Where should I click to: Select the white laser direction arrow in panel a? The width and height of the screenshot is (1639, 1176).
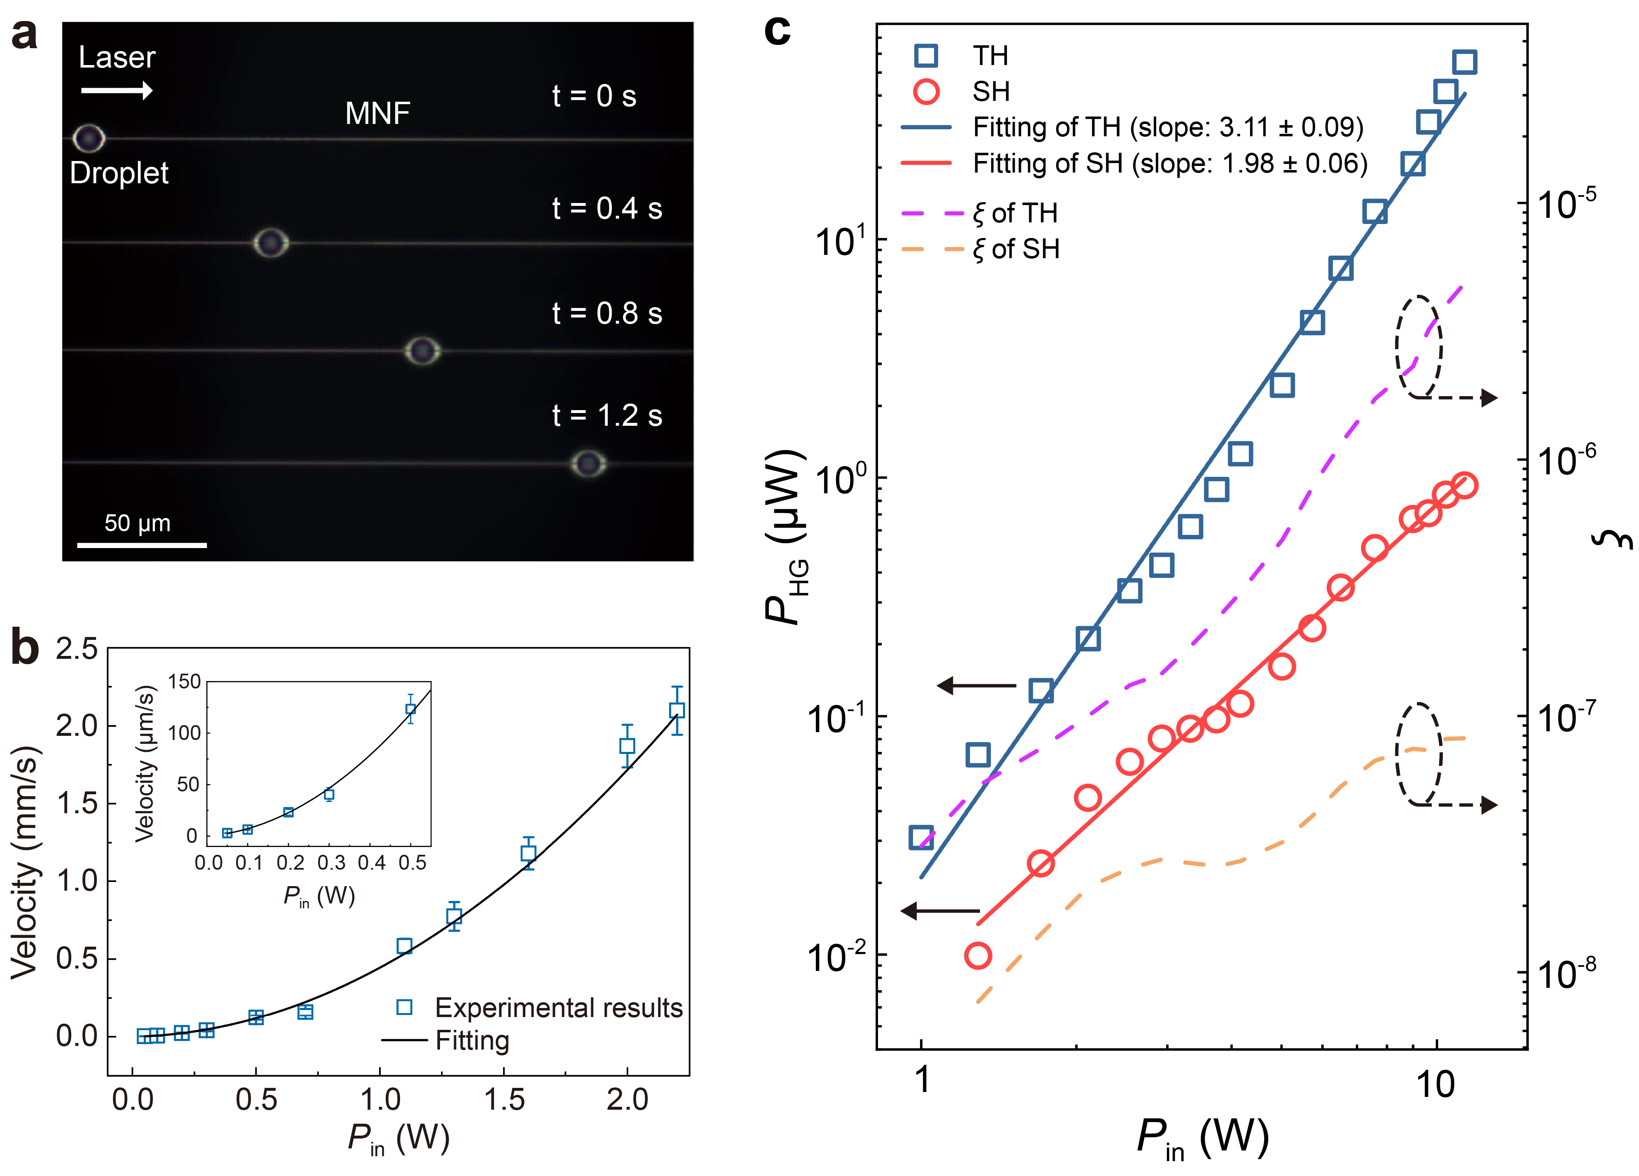click(116, 90)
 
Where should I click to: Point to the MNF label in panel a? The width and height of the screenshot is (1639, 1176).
click(377, 113)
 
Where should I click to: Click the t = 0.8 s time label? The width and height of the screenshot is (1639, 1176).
click(606, 313)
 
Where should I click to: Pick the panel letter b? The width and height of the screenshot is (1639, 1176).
click(25, 648)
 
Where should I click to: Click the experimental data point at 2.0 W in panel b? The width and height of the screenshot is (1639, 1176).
click(627, 745)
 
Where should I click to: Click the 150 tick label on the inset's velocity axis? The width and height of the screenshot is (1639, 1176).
click(184, 681)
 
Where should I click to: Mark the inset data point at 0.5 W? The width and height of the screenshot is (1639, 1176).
click(410, 709)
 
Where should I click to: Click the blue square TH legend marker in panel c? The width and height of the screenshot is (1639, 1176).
click(926, 56)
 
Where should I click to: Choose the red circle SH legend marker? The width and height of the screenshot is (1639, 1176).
click(926, 92)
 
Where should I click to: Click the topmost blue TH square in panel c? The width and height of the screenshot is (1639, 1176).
click(1464, 62)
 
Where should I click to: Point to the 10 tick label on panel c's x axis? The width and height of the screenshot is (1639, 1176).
click(1435, 1083)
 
